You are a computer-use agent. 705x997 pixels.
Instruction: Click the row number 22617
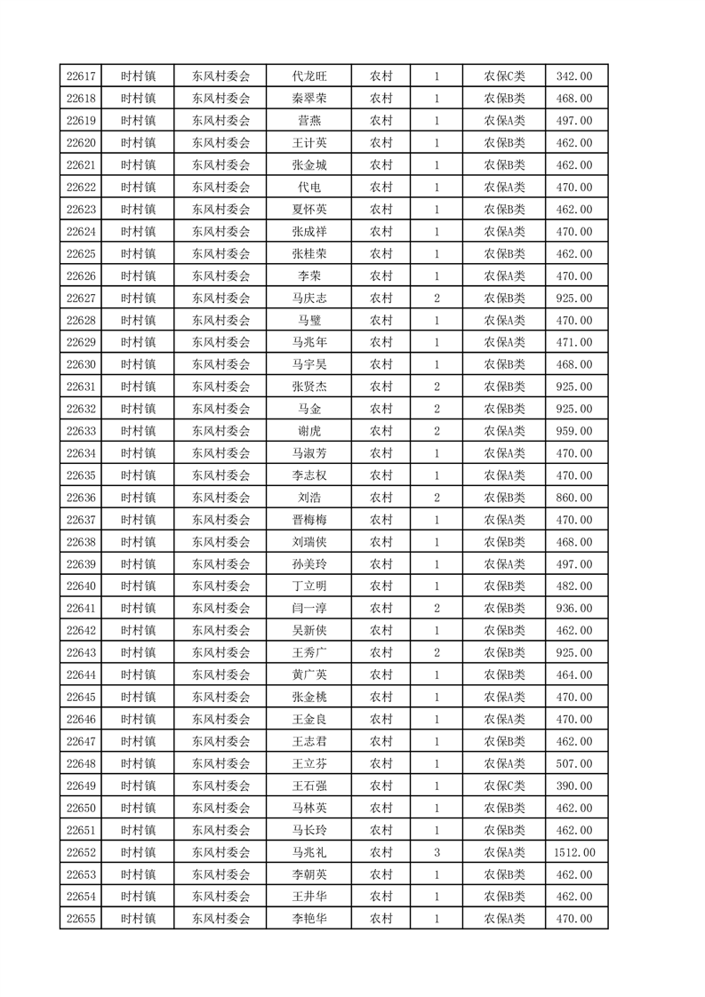[x=80, y=76]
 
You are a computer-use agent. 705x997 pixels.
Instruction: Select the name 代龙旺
[x=308, y=76]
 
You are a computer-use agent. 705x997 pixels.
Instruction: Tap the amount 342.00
[x=574, y=76]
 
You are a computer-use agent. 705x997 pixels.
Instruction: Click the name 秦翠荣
[x=308, y=99]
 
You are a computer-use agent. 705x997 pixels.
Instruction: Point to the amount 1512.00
[x=574, y=852]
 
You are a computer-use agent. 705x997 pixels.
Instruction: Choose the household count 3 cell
[x=437, y=852]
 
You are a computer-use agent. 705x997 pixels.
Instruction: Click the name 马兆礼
[x=308, y=852]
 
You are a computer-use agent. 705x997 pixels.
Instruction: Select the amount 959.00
[x=574, y=431]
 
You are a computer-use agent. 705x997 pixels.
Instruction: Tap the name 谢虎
[x=308, y=431]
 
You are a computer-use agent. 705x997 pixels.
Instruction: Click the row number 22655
[x=80, y=919]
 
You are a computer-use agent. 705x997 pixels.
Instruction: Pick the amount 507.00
[x=574, y=763]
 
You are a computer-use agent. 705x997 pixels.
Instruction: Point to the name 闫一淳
[x=308, y=609]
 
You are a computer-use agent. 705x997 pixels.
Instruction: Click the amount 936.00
[x=574, y=609]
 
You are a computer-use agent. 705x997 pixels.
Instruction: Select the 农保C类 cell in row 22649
[x=504, y=786]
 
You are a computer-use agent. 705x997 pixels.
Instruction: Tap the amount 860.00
[x=574, y=498]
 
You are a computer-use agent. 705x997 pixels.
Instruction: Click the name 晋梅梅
[x=308, y=520]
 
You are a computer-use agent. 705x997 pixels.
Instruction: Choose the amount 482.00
[x=574, y=586]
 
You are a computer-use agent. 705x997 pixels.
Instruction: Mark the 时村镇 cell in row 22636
[x=138, y=498]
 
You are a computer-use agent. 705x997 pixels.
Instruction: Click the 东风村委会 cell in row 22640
[x=221, y=586]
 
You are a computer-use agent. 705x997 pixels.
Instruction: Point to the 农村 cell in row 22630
[x=381, y=364]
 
